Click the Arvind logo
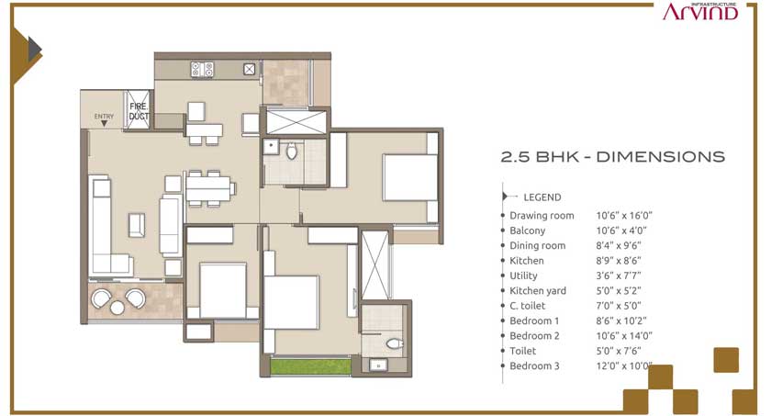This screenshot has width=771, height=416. [700, 11]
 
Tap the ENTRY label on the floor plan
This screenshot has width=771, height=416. [104, 116]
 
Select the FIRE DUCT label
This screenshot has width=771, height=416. [139, 112]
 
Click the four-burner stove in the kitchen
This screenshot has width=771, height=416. [202, 70]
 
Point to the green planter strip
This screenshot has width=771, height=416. [311, 366]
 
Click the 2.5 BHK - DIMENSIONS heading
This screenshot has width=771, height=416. [613, 157]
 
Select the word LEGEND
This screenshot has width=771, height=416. [542, 197]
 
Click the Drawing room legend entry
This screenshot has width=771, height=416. [542, 216]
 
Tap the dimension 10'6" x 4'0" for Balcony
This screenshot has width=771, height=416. [621, 230]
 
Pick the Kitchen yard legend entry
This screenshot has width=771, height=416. [538, 290]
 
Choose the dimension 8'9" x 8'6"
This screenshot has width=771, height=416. [619, 261]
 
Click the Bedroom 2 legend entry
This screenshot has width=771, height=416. [534, 336]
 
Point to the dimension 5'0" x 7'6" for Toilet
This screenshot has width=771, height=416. [619, 351]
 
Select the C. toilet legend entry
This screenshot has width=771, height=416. [527, 306]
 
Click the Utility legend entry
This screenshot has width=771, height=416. [523, 275]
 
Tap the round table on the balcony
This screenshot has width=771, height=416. [117, 308]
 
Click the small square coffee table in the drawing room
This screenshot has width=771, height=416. [137, 225]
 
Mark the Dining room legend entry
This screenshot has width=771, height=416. [538, 245]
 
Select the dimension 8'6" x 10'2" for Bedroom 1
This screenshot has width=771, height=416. [621, 321]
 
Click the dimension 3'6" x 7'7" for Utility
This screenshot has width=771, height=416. [619, 275]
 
